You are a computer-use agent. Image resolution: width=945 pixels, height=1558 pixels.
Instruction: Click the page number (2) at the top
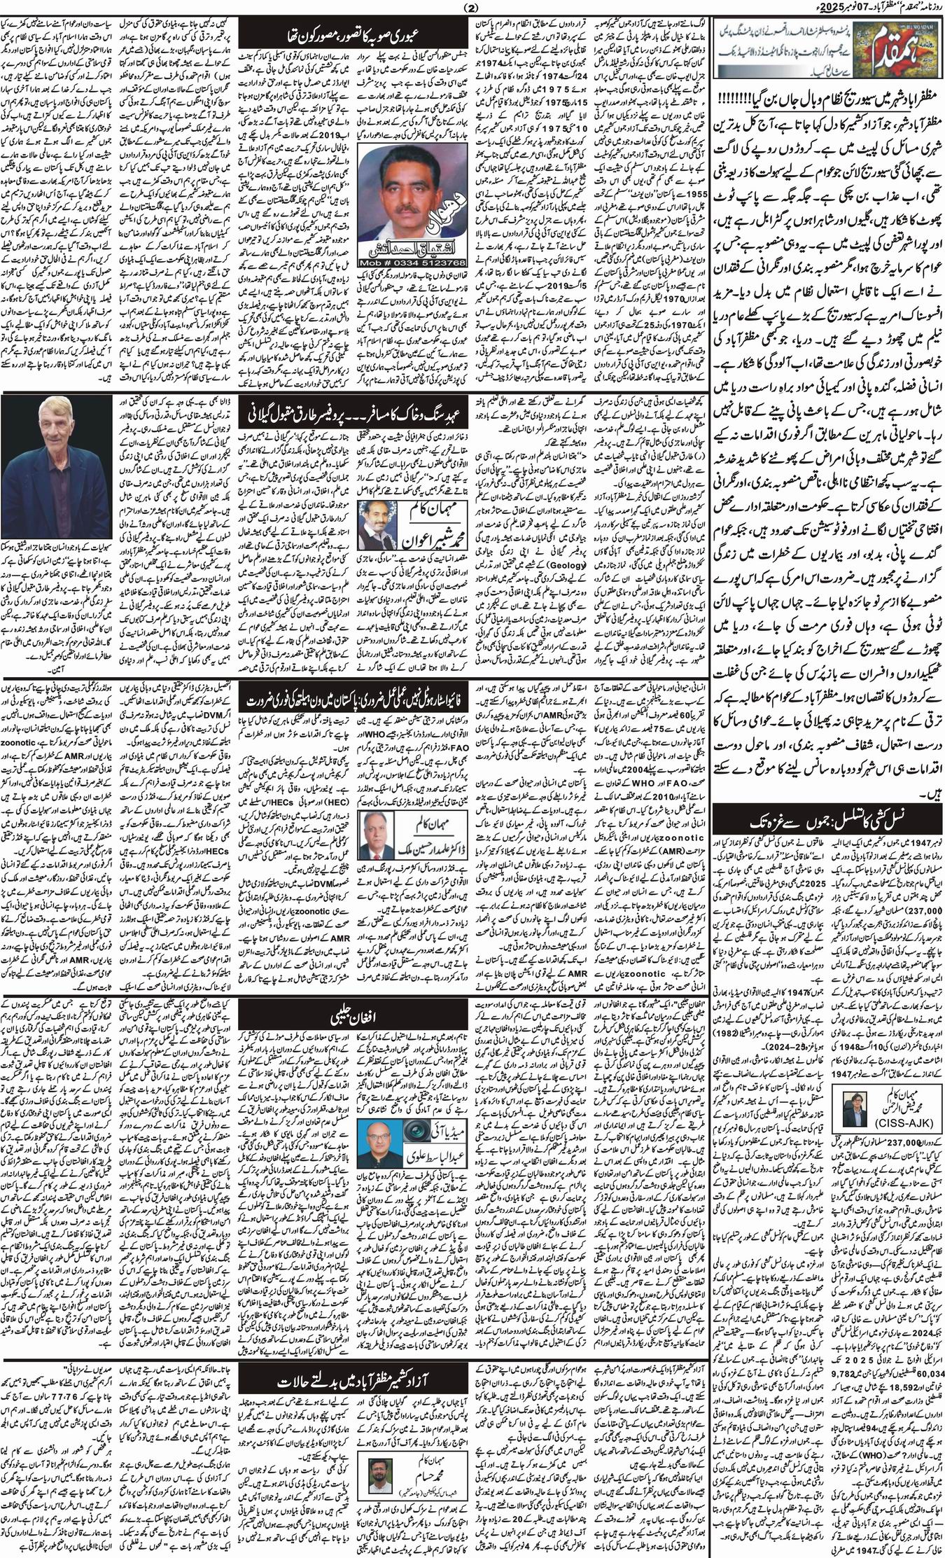coord(472,8)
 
